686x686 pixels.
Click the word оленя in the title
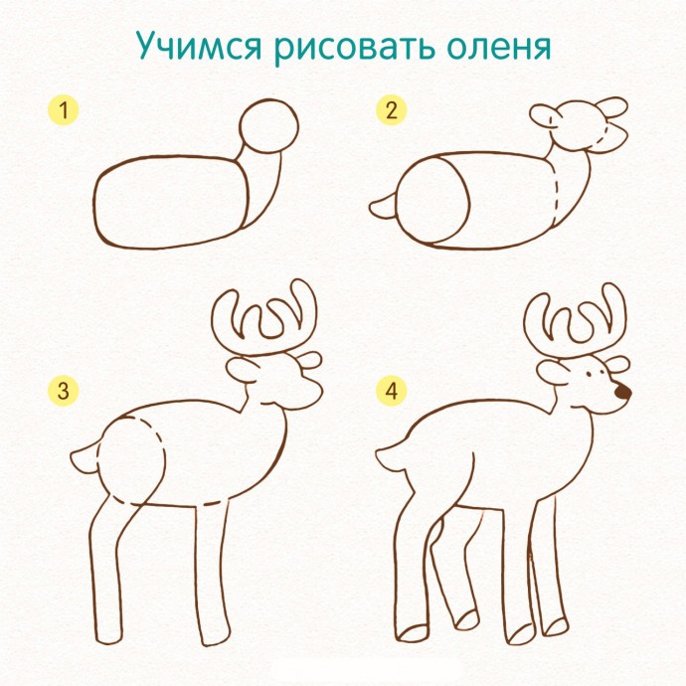click(x=495, y=48)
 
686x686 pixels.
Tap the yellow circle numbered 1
click(x=66, y=110)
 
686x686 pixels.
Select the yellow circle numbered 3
click(x=65, y=391)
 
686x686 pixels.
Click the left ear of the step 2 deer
click(x=545, y=117)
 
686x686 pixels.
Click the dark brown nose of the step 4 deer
click(x=622, y=393)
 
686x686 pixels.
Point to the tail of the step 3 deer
click(x=86, y=458)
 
